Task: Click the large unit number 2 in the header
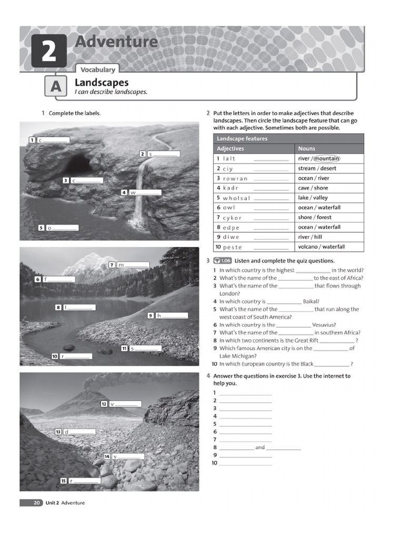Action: [x=48, y=51]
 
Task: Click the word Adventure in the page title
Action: [x=116, y=42]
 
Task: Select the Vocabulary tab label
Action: [x=98, y=69]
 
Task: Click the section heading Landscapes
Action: [x=102, y=82]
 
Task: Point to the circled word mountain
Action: [x=327, y=159]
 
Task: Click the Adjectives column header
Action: [x=230, y=149]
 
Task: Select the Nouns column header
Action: [x=307, y=149]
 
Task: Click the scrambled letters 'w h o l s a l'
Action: [x=236, y=198]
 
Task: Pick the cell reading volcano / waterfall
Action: [x=321, y=247]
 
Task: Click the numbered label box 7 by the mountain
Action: [x=112, y=265]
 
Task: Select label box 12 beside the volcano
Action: [x=104, y=403]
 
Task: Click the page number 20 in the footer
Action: [x=37, y=503]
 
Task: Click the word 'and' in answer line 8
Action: [x=260, y=448]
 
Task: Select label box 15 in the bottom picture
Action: [x=64, y=481]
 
